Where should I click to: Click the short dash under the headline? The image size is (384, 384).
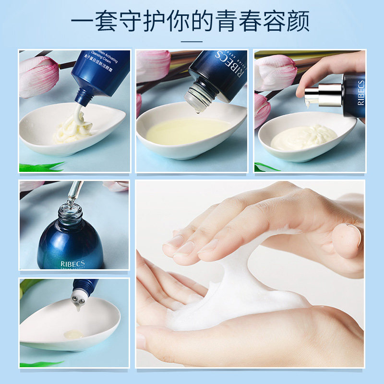point(192,42)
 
